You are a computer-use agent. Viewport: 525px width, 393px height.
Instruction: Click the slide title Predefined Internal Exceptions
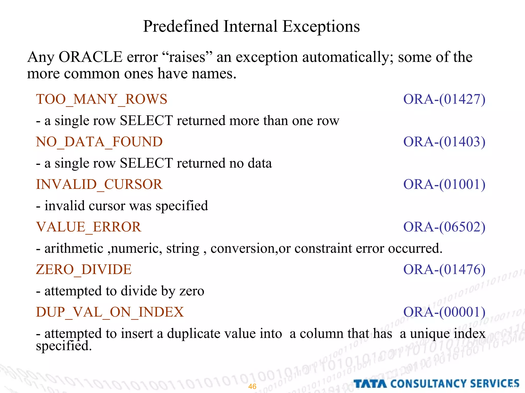(251, 26)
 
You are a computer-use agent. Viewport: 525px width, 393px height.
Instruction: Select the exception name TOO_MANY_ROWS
(102, 99)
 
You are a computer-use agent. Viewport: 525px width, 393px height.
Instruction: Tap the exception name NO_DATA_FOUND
(99, 142)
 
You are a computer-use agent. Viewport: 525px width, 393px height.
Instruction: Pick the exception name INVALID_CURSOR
(99, 184)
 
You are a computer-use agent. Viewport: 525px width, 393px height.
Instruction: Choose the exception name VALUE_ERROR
(89, 227)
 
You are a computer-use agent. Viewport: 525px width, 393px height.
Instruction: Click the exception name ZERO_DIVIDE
(84, 269)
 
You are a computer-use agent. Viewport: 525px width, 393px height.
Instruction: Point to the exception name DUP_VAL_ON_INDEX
(110, 312)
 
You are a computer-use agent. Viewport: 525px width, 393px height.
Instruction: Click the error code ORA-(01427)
(444, 99)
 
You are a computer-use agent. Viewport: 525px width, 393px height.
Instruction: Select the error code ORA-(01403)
(444, 142)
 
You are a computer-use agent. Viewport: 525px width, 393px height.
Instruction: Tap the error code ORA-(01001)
(444, 184)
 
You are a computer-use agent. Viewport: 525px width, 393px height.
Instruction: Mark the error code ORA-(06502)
(444, 227)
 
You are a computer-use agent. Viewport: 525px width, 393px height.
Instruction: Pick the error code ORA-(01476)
(444, 269)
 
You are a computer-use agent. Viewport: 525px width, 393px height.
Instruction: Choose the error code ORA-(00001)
(444, 312)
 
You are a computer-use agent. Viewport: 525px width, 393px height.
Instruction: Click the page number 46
(252, 386)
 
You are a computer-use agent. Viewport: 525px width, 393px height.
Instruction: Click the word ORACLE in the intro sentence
(90, 57)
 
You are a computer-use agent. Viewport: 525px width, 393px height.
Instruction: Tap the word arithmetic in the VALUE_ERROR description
(74, 248)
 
